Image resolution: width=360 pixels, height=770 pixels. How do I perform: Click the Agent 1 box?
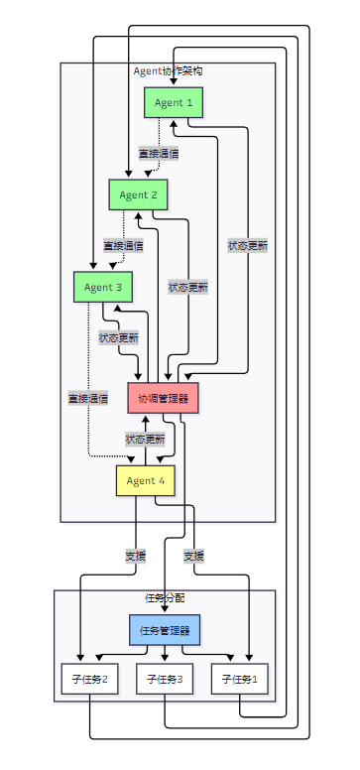[x=174, y=102]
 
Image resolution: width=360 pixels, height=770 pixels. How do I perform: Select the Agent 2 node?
[x=138, y=194]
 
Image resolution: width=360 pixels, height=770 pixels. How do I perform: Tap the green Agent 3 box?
[x=103, y=287]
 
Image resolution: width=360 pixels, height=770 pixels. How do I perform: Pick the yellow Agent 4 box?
[x=146, y=481]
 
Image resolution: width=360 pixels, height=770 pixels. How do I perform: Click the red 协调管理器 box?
[x=163, y=398]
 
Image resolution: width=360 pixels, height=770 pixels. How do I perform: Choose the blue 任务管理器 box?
[x=165, y=630]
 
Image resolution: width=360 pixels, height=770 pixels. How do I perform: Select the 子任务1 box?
[x=240, y=679]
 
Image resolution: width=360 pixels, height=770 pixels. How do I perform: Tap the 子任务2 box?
[x=90, y=679]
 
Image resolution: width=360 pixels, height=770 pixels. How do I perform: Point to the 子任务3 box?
[x=165, y=679]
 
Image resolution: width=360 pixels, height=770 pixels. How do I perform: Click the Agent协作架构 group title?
[x=168, y=71]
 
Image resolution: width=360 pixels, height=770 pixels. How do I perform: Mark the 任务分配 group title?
[x=165, y=598]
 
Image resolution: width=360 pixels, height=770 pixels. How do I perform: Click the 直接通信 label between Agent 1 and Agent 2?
[x=159, y=154]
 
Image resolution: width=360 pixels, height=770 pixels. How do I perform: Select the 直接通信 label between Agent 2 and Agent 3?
[x=123, y=245]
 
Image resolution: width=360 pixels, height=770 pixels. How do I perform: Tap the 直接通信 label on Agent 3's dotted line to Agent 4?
[x=88, y=398]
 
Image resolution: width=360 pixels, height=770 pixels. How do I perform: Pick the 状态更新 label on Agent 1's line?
[x=248, y=245]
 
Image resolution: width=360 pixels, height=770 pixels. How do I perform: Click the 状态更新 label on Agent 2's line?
[x=188, y=288]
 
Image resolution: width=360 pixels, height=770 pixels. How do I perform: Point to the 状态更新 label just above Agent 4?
[x=146, y=440]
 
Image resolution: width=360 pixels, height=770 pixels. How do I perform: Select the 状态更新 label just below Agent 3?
[x=118, y=337]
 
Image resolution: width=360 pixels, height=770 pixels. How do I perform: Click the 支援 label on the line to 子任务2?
[x=136, y=557]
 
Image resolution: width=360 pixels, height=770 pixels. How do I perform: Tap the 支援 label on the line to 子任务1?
[x=194, y=557]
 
